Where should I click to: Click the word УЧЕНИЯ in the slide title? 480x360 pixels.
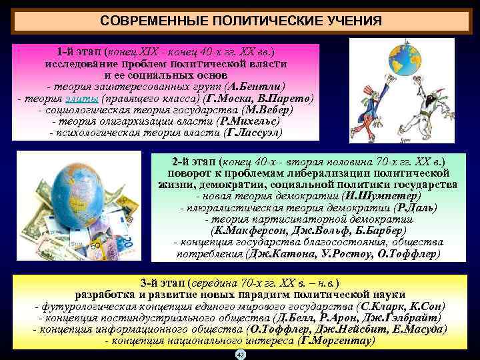click(x=348, y=21)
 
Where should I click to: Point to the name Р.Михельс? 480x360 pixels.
click(x=248, y=121)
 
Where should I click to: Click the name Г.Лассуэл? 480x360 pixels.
click(x=254, y=133)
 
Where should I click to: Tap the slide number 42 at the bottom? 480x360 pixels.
click(x=241, y=355)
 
